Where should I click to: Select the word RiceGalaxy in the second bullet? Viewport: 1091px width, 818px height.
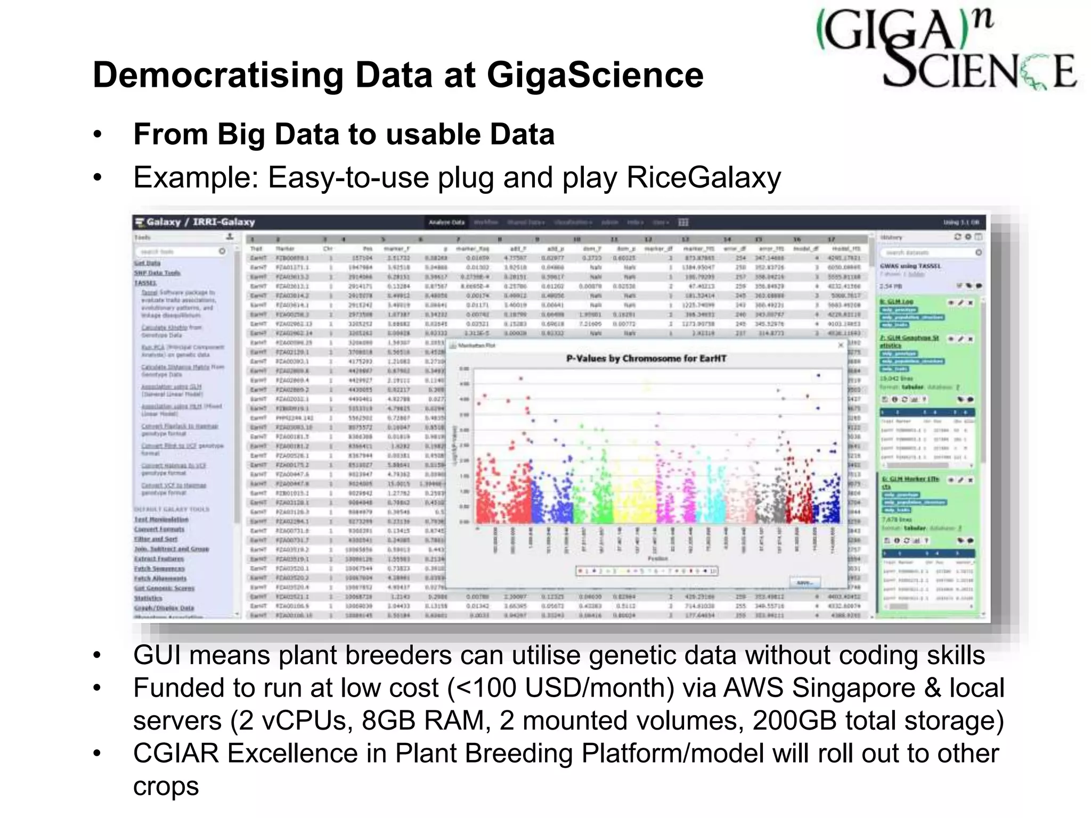pos(703,177)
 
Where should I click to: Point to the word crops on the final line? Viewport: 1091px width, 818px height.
pos(166,787)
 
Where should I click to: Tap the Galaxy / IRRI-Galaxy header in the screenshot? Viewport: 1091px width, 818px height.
pos(195,222)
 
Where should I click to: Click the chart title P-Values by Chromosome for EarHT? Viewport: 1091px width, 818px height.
pos(646,358)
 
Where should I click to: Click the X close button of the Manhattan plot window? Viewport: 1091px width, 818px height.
pos(841,345)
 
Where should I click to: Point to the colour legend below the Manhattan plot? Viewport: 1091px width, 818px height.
pos(647,571)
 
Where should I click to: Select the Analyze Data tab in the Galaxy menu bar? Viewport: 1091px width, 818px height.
pos(447,222)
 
